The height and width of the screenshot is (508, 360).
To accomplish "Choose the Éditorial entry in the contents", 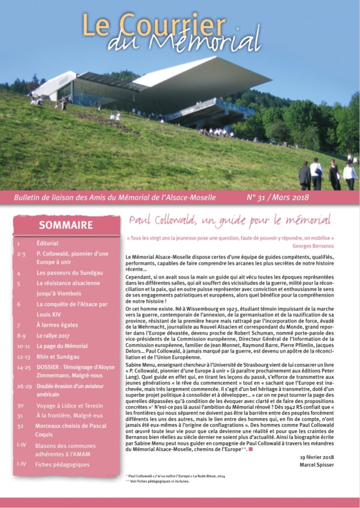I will tap(47, 243).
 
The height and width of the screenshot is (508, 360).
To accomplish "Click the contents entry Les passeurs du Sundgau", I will tap(69, 273).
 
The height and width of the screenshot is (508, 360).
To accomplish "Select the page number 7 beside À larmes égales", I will tap(19, 325).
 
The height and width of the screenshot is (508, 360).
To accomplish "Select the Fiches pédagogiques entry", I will tap(63, 464).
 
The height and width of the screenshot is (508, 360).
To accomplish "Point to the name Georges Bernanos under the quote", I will tap(313, 245).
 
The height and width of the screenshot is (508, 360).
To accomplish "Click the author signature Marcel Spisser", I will tap(317, 464).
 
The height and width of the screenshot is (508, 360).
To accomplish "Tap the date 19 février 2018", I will tap(317, 457).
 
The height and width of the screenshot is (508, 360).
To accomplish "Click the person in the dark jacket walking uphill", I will tap(305, 175).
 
